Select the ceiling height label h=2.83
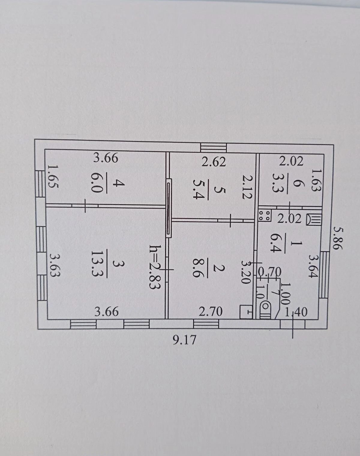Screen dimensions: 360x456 (155, 267)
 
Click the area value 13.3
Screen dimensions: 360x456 (97, 264)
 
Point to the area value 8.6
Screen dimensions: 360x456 (198, 268)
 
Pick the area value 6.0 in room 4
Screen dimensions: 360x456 (97, 183)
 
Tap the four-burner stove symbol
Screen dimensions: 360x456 (265, 215)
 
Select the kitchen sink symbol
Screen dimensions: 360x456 (314, 219)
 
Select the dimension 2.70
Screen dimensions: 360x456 (211, 311)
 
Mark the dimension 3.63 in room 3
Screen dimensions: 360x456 (55, 265)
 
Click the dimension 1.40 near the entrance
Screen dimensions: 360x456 (296, 312)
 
